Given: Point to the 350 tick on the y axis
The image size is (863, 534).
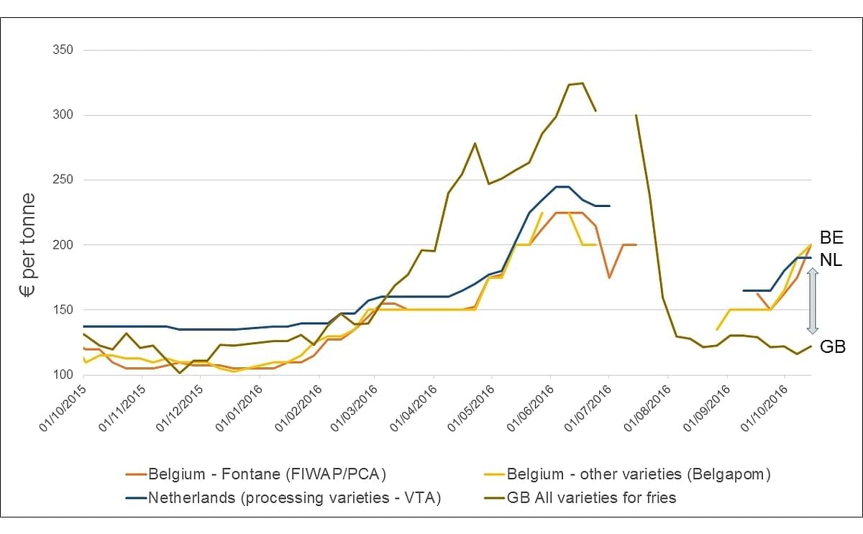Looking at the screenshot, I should point(63,50).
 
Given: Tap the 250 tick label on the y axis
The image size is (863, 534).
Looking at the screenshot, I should point(63,180).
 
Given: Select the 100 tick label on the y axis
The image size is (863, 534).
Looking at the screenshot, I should point(63,374).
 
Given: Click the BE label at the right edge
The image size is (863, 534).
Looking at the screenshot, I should point(831,238).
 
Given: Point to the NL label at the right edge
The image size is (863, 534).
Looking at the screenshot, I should point(831,261).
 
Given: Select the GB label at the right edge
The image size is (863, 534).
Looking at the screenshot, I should point(832,346).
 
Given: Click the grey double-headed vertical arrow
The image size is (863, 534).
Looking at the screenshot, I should point(812,300).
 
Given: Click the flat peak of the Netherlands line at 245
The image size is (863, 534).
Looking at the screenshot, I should point(562,186).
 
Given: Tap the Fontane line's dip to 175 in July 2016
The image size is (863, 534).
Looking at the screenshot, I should point(609,277).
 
